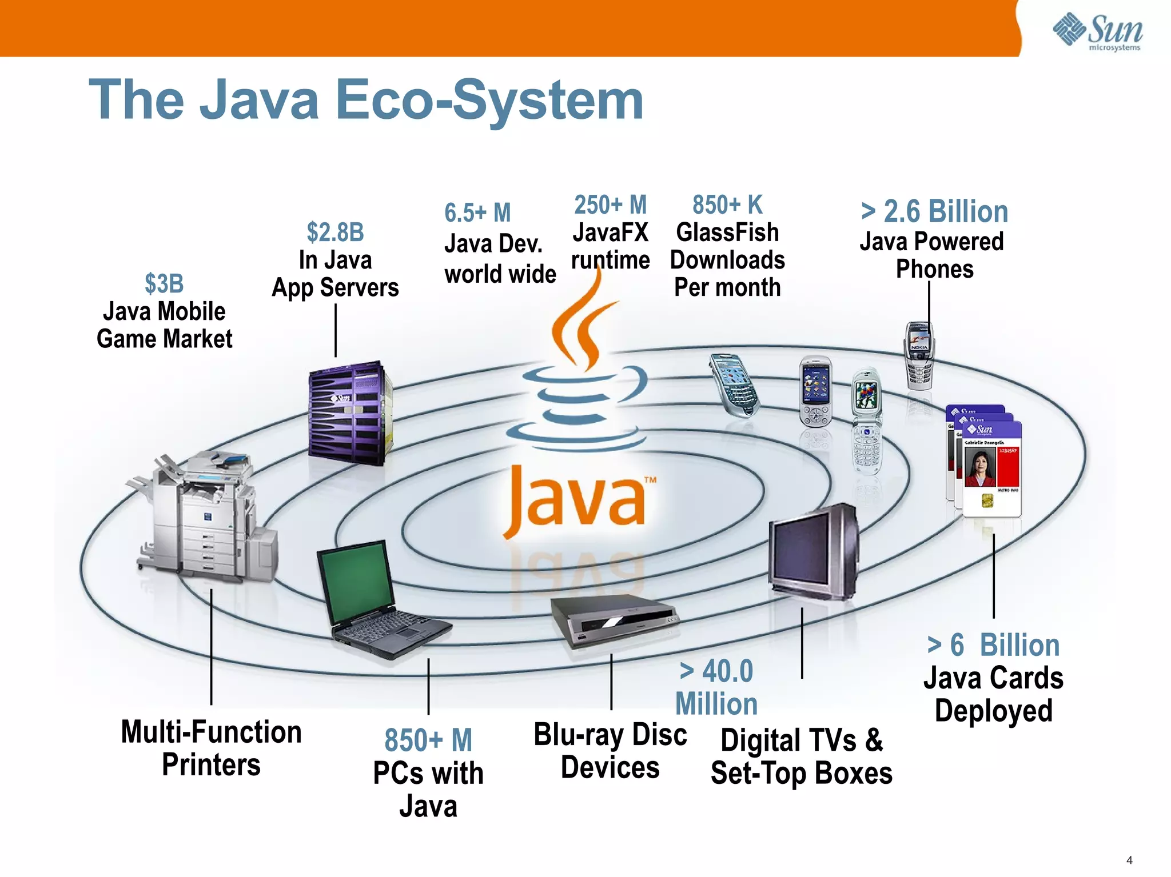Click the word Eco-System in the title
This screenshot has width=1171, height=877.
489,101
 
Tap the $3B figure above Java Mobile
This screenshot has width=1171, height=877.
164,283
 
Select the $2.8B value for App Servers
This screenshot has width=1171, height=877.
335,232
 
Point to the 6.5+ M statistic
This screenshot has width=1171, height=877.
477,213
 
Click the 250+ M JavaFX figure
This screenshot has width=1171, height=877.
610,205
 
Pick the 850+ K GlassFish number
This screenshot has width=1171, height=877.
727,205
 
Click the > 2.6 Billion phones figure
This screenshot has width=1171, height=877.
934,211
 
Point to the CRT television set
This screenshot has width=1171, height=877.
813,552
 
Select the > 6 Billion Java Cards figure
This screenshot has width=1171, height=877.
993,645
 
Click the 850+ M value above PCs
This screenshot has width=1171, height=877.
428,740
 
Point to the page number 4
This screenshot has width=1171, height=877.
1129,860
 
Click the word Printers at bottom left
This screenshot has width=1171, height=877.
211,764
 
